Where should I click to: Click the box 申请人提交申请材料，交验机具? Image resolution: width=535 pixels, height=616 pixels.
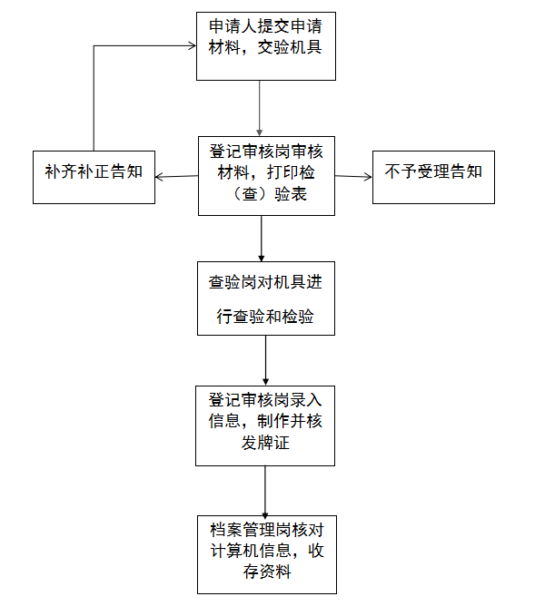tap(266, 46)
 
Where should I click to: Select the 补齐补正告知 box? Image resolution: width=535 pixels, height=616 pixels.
tap(94, 176)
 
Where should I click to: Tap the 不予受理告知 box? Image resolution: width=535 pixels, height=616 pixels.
tap(433, 176)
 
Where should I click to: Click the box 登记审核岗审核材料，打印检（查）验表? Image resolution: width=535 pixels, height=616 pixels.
tap(266, 175)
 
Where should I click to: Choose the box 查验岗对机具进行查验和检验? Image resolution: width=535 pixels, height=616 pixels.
tap(266, 299)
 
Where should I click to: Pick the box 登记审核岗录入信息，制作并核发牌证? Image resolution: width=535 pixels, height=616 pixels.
tap(266, 425)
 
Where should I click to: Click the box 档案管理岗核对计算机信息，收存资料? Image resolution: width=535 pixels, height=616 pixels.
tap(266, 553)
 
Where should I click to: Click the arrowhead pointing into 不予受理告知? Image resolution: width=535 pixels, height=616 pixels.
tap(367, 176)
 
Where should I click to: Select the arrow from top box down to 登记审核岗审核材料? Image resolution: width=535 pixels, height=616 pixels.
tap(261, 109)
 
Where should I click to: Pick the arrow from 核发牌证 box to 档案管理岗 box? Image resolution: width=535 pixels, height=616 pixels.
tap(265, 490)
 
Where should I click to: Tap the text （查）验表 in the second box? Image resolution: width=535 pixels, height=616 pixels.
tap(266, 197)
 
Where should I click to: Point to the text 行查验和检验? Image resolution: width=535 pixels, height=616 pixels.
tap(265, 318)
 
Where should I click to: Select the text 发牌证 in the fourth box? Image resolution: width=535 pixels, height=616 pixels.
tap(265, 445)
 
